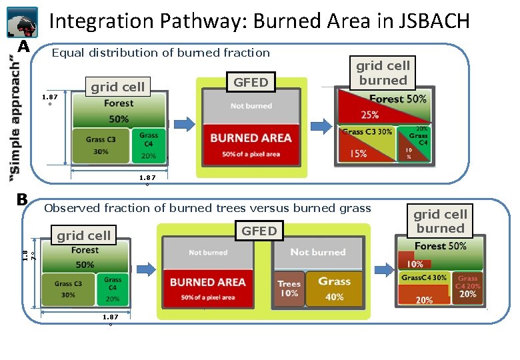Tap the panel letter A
pos(24,47)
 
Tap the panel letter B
pos(22,199)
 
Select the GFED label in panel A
pos(251,82)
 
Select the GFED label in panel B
pos(259,231)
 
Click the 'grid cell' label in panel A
pos(117,86)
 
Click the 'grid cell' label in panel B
pos(83,235)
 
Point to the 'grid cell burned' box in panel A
pos(383,73)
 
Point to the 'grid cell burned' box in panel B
pos(440,221)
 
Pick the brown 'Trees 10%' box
pos(289,289)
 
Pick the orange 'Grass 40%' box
pos(334,289)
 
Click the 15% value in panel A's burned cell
pos(358,154)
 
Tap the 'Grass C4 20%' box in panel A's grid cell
pos(149,146)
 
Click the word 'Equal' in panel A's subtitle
pos(67,53)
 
